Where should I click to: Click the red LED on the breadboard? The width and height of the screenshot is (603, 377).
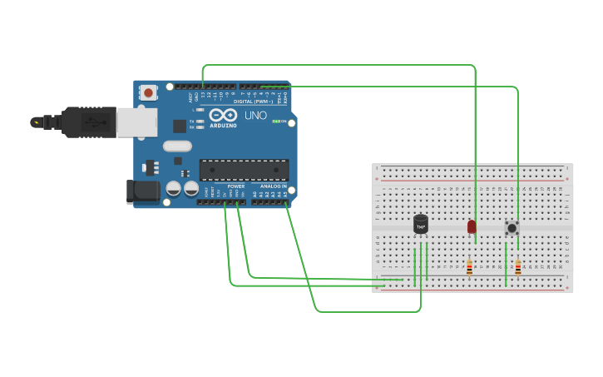pos(472,226)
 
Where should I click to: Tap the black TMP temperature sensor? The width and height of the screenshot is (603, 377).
pos(421,224)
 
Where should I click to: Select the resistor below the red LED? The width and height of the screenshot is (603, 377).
pos(469,268)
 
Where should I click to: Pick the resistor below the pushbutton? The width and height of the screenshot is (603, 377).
pos(518,268)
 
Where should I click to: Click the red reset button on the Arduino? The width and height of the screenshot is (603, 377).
pos(148,92)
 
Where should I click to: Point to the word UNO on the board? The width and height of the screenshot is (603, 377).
pos(256,116)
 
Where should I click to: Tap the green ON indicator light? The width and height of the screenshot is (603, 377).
pos(275,122)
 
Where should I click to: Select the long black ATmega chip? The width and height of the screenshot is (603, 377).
pos(244,170)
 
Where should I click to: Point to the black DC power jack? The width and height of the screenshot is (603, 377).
pos(144,191)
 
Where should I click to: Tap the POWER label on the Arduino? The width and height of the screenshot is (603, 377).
pos(236,186)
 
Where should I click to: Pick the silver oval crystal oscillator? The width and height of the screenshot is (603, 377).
pos(177,146)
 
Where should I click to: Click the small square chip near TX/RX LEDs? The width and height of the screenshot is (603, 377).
pos(180,126)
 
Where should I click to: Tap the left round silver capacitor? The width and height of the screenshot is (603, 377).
pos(174,189)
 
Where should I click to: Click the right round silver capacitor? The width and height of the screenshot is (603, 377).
pos(190,189)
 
